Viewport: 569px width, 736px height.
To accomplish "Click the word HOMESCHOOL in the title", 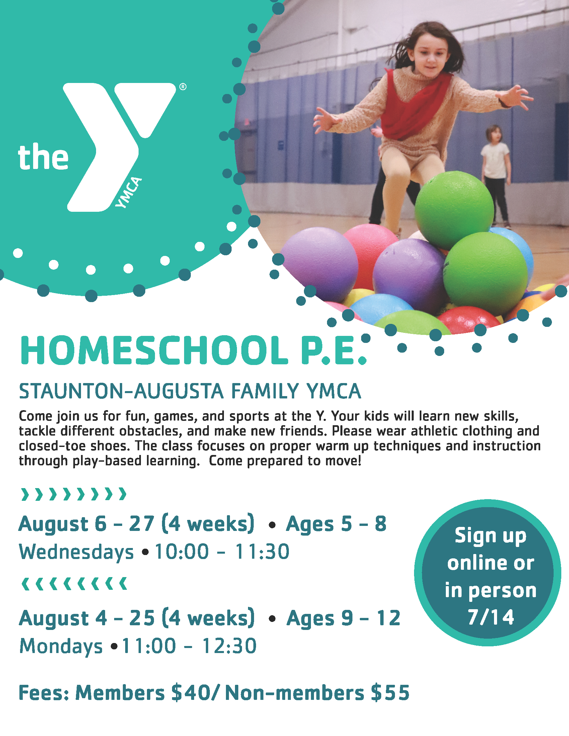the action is pos(154,351).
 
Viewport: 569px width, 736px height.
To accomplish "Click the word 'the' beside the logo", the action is pos(43,157).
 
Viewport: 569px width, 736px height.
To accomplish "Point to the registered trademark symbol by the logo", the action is pos(183,87).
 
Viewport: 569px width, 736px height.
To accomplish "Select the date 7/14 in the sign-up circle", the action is pos(491,617).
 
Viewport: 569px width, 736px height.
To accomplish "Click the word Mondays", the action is pos(61,646).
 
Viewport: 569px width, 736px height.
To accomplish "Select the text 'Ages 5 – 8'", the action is pos(336,524).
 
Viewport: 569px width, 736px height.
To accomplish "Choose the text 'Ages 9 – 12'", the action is pos(343,618).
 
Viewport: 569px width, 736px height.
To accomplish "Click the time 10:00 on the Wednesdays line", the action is pos(182,552).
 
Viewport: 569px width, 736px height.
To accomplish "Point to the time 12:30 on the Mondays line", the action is pos(229,646).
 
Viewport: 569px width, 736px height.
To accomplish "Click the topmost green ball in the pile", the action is pos(454,210).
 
